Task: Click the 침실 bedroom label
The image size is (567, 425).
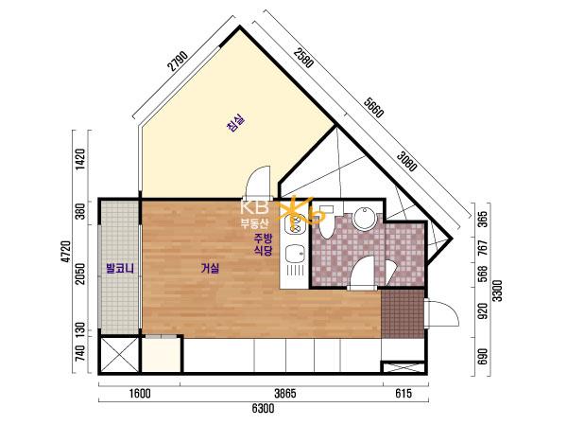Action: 235,123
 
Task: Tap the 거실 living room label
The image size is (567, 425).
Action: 210,269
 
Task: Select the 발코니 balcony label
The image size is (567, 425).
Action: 120,269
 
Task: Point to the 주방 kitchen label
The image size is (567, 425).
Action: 264,238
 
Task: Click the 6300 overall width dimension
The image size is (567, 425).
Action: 263,409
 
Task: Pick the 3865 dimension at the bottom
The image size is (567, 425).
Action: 285,394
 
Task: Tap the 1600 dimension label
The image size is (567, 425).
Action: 140,394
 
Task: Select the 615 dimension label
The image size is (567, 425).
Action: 404,394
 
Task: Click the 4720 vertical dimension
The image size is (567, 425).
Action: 66,252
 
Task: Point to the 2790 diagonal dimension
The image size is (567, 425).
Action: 179,61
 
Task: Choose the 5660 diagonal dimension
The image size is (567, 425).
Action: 373,108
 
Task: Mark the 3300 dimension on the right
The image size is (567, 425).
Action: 498,291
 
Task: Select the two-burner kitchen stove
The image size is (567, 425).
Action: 296,223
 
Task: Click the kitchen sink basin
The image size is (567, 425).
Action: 296,255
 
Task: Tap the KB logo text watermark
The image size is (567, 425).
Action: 255,207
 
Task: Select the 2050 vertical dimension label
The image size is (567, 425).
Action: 81,274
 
